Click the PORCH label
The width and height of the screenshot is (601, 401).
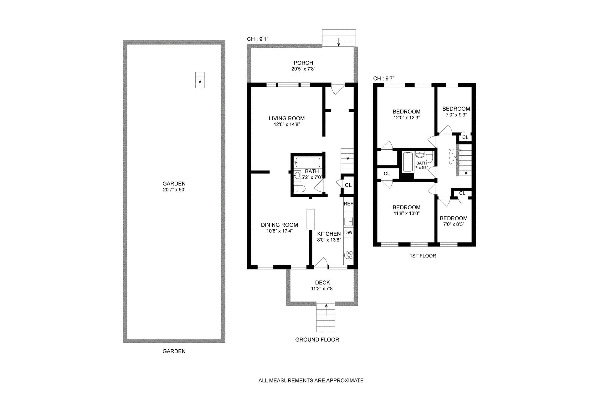[303, 63]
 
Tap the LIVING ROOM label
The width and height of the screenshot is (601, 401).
[287, 118]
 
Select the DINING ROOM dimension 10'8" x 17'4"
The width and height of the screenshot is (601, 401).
[280, 231]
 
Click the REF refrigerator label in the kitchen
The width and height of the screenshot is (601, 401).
[348, 204]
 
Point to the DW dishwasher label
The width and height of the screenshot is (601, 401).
[348, 232]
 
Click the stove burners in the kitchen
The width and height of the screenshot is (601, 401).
[349, 255]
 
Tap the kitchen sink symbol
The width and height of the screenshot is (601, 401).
[348, 221]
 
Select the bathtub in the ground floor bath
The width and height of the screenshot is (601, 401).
[308, 162]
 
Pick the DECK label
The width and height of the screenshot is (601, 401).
[322, 283]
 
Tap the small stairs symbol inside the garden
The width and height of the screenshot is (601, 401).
[200, 80]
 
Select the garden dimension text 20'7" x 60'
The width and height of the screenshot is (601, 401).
[174, 190]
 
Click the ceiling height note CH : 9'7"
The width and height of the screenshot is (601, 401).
[384, 78]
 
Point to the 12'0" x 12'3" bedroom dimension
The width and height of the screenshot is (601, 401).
[407, 117]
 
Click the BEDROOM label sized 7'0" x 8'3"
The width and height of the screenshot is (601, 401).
[454, 218]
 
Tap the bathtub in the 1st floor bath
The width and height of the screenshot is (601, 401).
[408, 162]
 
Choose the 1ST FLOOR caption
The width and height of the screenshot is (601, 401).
[423, 256]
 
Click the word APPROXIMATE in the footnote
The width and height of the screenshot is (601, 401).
[345, 381]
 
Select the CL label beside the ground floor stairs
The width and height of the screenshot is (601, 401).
[348, 185]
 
